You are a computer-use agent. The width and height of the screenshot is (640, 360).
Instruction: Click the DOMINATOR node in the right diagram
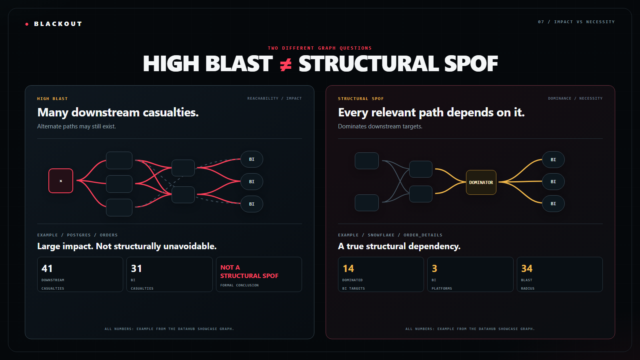[x=481, y=182]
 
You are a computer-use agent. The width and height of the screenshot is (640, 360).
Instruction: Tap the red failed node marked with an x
[x=61, y=181]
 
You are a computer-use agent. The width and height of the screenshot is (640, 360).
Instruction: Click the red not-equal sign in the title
[x=286, y=64]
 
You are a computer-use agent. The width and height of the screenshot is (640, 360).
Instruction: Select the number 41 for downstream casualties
[x=47, y=268]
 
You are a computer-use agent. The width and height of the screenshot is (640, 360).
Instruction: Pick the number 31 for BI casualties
[x=136, y=268]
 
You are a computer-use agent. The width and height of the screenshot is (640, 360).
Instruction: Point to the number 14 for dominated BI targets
[x=348, y=268]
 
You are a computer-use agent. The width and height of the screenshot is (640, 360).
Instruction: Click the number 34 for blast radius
[x=527, y=268]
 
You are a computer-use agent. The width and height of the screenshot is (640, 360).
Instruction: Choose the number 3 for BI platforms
[x=434, y=268]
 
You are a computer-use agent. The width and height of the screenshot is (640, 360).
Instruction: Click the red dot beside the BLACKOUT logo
[x=27, y=24]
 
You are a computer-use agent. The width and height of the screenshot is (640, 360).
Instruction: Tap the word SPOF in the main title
[x=471, y=64]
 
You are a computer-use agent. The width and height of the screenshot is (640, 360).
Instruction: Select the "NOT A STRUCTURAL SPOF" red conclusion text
[x=249, y=272]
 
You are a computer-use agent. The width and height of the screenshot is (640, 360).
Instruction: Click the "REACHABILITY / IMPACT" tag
[x=274, y=98]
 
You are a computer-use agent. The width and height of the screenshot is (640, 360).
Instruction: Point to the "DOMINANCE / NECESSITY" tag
[x=575, y=98]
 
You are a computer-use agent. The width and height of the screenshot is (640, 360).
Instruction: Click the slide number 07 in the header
[x=541, y=22]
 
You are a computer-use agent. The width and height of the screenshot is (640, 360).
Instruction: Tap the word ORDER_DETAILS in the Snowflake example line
[x=423, y=235]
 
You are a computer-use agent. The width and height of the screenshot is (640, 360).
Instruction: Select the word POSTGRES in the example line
[x=79, y=235]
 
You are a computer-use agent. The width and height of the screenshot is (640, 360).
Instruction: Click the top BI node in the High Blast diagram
[x=252, y=159]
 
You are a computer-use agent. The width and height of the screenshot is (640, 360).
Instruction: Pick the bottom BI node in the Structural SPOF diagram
[x=554, y=204]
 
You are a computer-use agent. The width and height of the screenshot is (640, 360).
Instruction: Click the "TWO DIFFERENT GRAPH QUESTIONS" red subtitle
[x=320, y=48]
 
